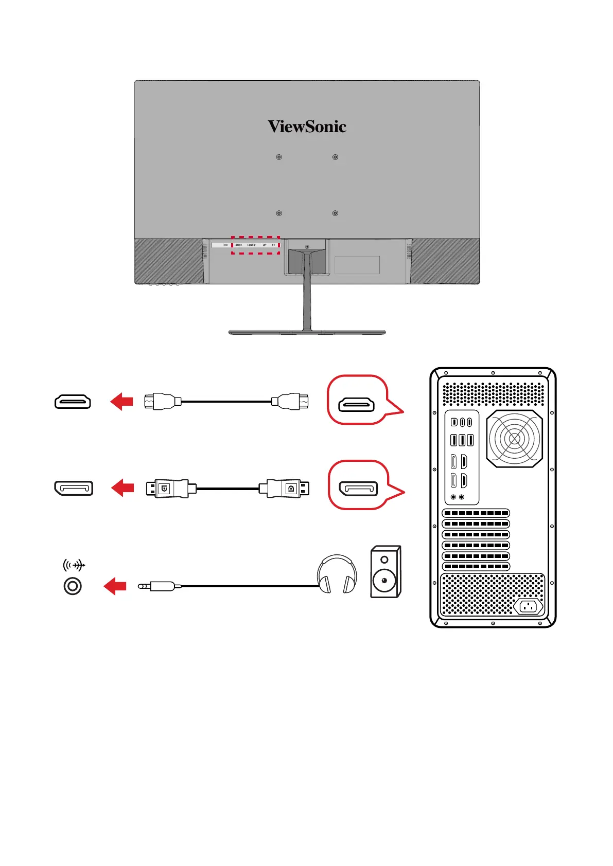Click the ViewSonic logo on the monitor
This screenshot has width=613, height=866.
(307, 127)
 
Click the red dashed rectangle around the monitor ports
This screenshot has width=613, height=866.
(255, 245)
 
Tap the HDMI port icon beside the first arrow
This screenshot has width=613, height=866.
(73, 401)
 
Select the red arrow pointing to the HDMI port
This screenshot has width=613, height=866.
(121, 401)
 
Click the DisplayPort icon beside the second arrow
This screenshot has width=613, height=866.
(74, 488)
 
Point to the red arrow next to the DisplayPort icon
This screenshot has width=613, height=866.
(122, 488)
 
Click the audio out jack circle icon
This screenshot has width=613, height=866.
(73, 586)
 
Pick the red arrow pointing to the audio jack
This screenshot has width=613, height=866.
(115, 586)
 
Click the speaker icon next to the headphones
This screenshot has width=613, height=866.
(385, 571)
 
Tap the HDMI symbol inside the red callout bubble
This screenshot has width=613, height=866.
(356, 405)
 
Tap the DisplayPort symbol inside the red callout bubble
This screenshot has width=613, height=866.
(358, 489)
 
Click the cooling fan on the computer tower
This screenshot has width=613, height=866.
(514, 439)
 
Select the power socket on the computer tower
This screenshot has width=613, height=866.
(528, 607)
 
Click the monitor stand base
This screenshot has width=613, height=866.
(307, 333)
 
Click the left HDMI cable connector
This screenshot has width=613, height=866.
(163, 401)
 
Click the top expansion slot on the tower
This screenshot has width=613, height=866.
(476, 513)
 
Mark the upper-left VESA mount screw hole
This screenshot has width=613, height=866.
(279, 157)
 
